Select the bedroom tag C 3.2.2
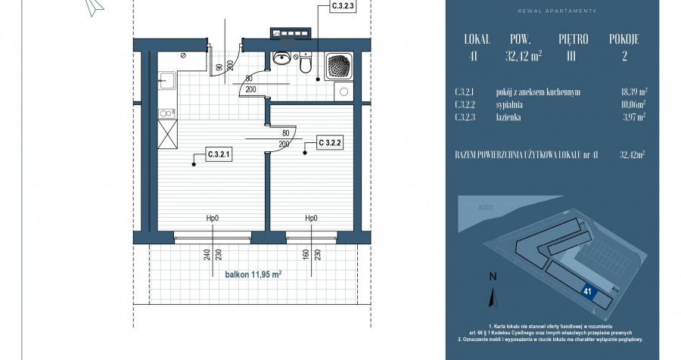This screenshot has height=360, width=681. tap(331, 141)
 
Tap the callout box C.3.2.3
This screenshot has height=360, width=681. tap(344, 7)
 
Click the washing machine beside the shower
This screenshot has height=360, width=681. tap(344, 93)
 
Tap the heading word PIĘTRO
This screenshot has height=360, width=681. tap(574, 38)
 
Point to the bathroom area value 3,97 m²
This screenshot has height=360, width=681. tap(631, 117)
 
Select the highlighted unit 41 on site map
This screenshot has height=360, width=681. tap(588, 290)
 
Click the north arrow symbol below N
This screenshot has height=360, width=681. tap(493, 294)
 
